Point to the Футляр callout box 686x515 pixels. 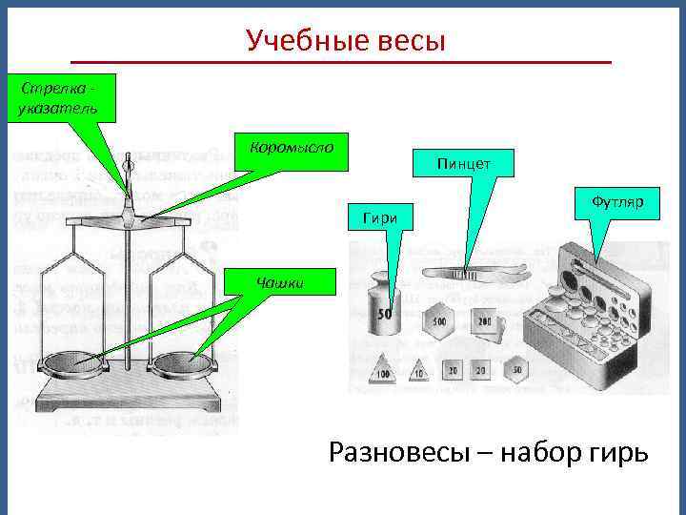pos(617,202)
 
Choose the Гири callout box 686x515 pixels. pos(380,219)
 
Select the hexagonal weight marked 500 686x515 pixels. pos(440,321)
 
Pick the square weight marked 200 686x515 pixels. pos(485,321)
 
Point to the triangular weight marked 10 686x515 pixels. pos(420,369)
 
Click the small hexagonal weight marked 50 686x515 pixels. pos(515,368)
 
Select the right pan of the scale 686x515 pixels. pos(183,364)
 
